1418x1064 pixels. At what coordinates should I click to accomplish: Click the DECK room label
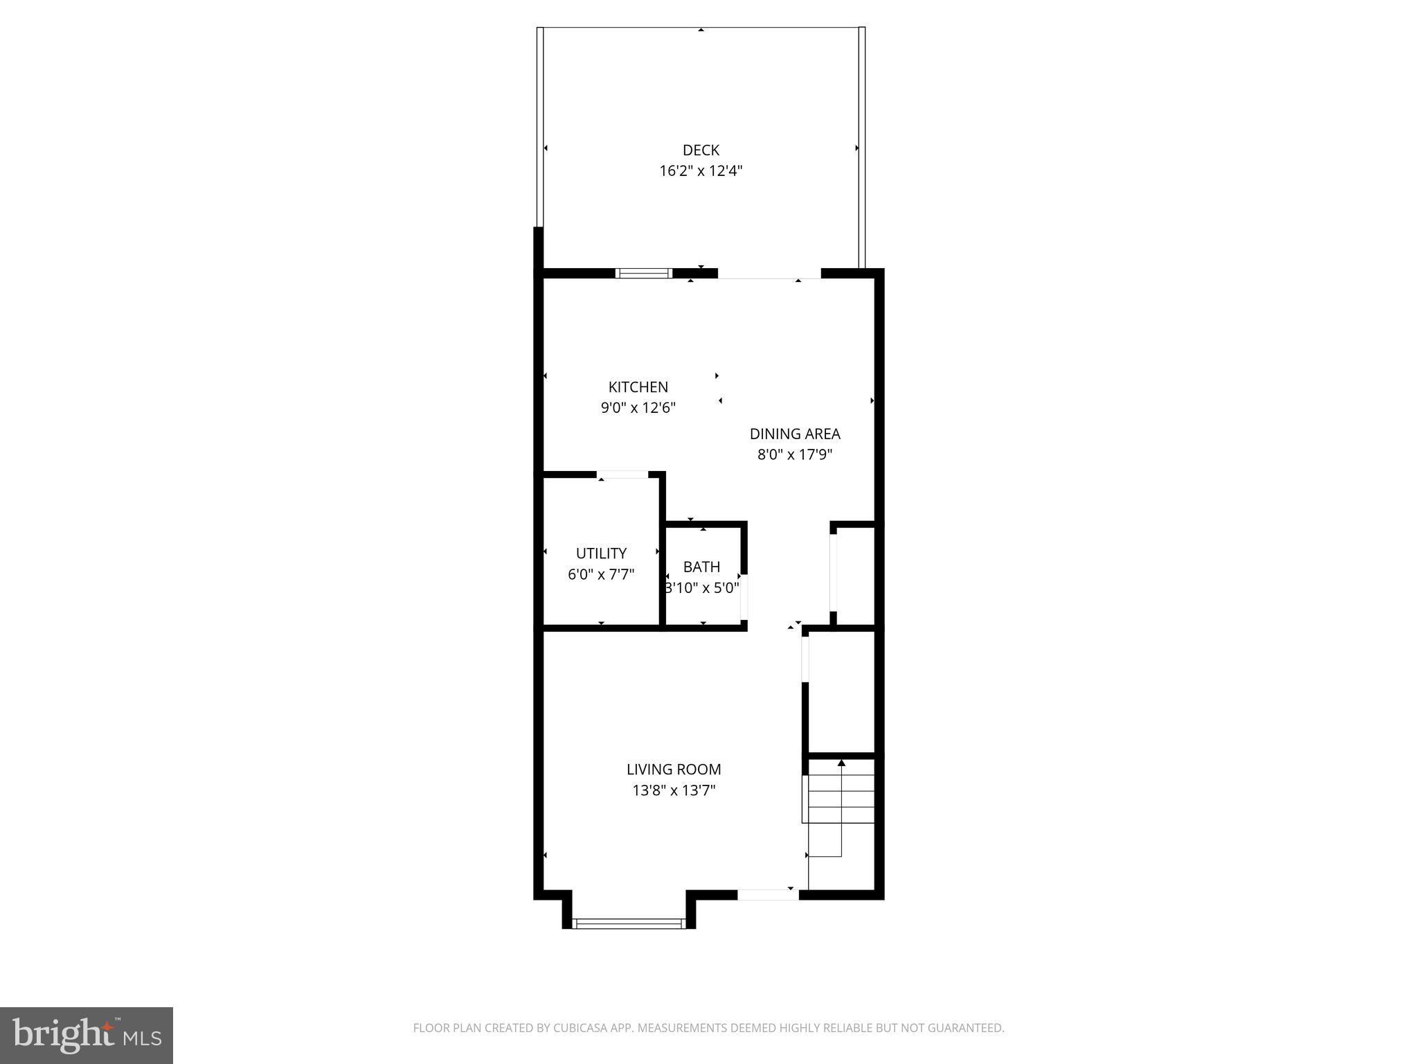click(701, 150)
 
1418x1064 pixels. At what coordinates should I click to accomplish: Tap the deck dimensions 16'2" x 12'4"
click(701, 171)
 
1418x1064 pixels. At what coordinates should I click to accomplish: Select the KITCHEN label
click(638, 387)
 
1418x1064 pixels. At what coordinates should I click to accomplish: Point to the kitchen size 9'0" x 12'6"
click(638, 407)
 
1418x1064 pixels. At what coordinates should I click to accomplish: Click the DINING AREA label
click(794, 434)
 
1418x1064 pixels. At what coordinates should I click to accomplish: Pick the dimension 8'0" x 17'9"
click(794, 454)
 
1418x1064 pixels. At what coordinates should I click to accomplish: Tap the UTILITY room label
click(601, 553)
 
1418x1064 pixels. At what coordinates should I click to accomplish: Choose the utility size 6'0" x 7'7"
click(601, 574)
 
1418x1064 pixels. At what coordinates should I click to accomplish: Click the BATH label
click(701, 567)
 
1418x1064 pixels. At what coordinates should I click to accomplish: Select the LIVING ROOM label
click(674, 769)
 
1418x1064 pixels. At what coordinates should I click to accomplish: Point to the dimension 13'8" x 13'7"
click(674, 790)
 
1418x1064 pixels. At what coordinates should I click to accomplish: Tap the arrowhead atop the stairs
click(841, 763)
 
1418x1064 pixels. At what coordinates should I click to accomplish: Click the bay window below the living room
click(629, 923)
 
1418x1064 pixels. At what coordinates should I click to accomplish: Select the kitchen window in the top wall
click(644, 273)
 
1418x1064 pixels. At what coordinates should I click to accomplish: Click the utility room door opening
click(622, 475)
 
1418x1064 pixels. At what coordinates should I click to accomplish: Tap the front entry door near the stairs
click(767, 894)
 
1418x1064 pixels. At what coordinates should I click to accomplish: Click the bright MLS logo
click(87, 1035)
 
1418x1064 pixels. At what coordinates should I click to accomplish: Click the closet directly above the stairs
click(842, 691)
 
